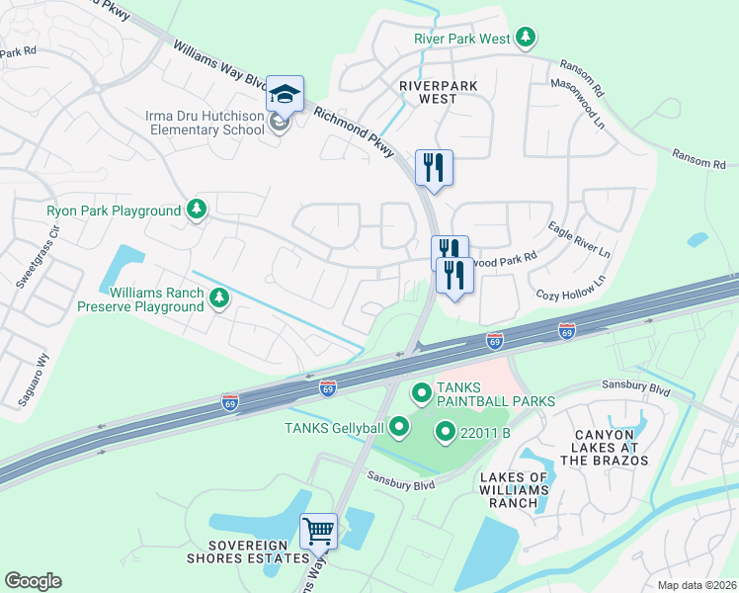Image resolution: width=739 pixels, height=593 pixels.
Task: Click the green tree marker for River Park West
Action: pyautogui.click(x=527, y=39)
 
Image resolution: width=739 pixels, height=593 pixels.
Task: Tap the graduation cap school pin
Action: pyautogui.click(x=285, y=95)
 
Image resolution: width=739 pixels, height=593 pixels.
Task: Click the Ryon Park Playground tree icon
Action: pyautogui.click(x=198, y=210)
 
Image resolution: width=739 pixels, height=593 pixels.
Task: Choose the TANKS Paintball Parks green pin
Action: pyautogui.click(x=421, y=394)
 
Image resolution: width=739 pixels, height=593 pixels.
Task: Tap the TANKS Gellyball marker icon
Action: pyautogui.click(x=399, y=427)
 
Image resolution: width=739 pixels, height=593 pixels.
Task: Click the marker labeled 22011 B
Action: pyautogui.click(x=445, y=432)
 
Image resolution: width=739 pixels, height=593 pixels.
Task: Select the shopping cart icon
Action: pyautogui.click(x=318, y=532)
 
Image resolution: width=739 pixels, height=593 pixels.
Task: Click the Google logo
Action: pyautogui.click(x=33, y=581)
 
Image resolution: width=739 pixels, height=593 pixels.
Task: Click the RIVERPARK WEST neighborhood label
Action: pyautogui.click(x=428, y=92)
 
